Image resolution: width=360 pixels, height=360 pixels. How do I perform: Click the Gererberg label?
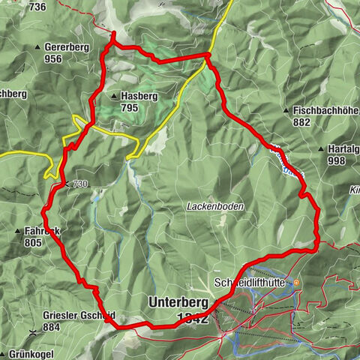point(67,47)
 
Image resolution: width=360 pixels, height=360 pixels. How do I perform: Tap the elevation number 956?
point(52,58)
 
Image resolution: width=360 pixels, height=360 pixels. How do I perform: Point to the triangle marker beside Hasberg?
point(113,97)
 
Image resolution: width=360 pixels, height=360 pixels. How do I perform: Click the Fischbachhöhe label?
point(322,110)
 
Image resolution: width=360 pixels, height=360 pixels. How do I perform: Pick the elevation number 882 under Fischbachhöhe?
point(301,121)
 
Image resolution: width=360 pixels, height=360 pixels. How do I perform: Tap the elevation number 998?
point(336,160)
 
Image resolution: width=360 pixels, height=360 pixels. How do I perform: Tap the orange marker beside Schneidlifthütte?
point(297,283)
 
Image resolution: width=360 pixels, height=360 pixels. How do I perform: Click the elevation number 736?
point(38,7)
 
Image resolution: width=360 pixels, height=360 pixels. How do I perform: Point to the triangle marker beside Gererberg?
point(38,47)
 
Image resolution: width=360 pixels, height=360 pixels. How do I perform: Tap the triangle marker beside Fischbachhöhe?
point(286,110)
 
